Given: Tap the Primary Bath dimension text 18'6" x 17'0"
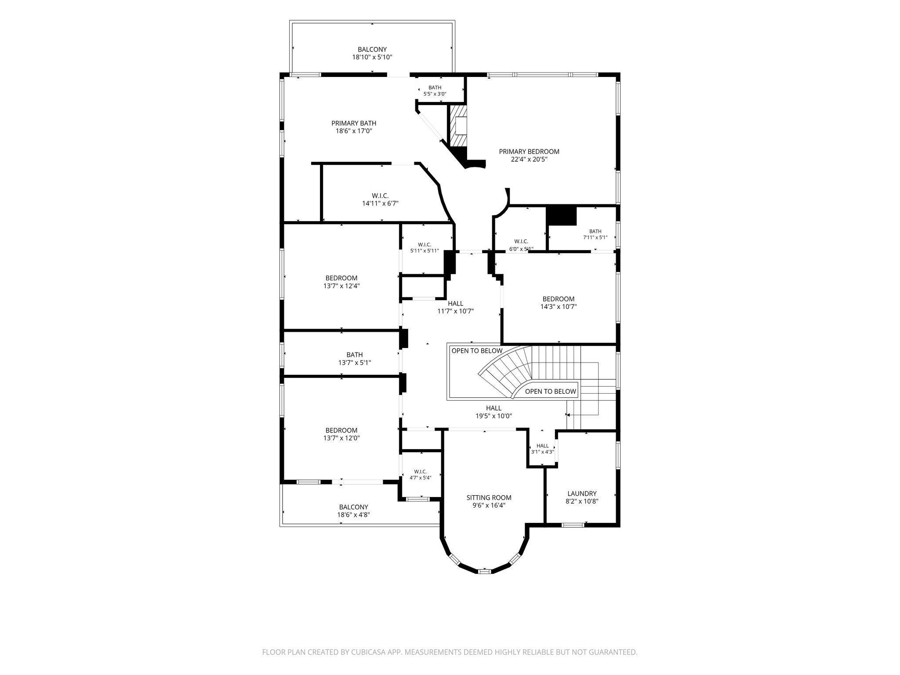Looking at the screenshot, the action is (354, 131).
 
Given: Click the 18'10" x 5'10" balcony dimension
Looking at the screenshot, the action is (372, 57).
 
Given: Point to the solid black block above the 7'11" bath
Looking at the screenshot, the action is (561, 216).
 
